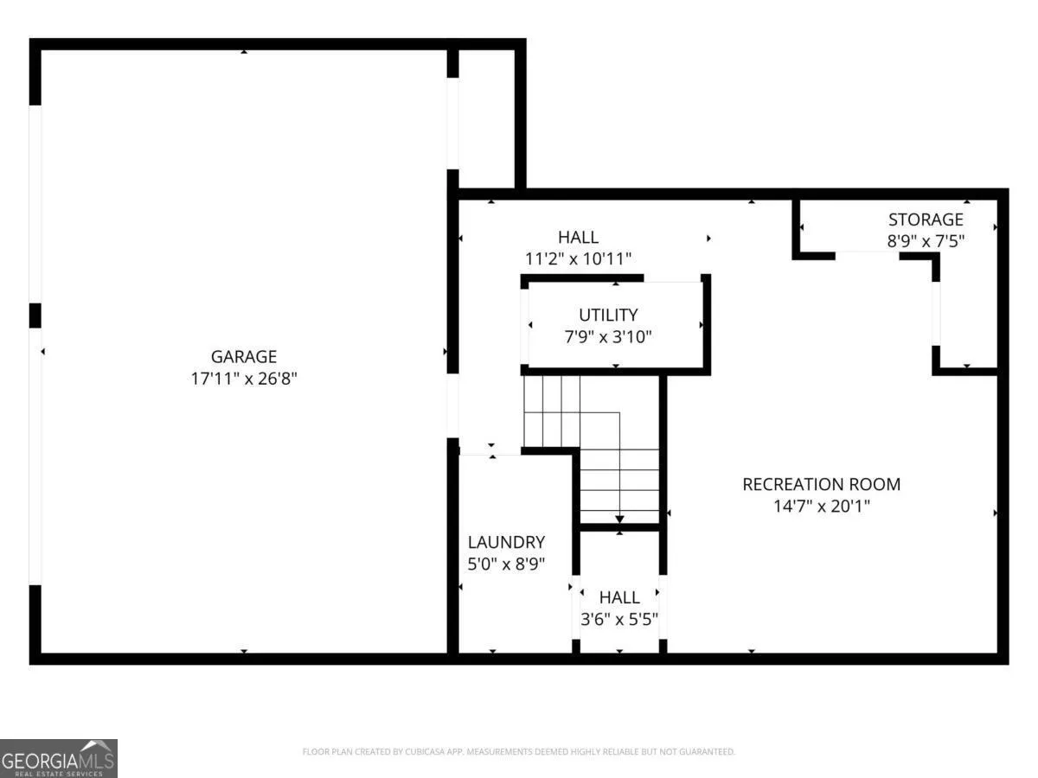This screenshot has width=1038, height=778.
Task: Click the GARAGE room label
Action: pyautogui.click(x=244, y=357)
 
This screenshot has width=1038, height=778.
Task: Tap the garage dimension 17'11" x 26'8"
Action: pyautogui.click(x=244, y=379)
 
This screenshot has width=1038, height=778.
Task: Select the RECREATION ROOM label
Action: pyautogui.click(x=822, y=485)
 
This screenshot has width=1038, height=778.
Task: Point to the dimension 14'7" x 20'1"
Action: pyautogui.click(x=822, y=507)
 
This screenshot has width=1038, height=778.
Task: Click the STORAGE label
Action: pyautogui.click(x=926, y=220)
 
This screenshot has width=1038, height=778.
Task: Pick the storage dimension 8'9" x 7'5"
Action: pyautogui.click(x=926, y=241)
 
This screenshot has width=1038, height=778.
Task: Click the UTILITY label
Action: pyautogui.click(x=608, y=315)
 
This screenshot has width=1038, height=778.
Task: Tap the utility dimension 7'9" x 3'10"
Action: pyautogui.click(x=608, y=337)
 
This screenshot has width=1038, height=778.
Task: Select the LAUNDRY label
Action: pyautogui.click(x=506, y=542)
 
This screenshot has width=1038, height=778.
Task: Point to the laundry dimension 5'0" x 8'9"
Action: pyautogui.click(x=506, y=564)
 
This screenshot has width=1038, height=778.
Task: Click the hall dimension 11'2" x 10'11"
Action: pyautogui.click(x=578, y=258)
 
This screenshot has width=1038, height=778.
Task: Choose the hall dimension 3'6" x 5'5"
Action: pyautogui.click(x=619, y=619)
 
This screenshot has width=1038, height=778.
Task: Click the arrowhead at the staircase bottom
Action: pyautogui.click(x=619, y=520)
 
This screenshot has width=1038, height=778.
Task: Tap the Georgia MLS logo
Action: pyautogui.click(x=58, y=758)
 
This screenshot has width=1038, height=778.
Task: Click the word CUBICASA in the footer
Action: pyautogui.click(x=424, y=751)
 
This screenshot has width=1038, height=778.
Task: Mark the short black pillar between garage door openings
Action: pyautogui.click(x=35, y=316)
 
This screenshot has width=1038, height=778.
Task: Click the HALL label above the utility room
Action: pyautogui.click(x=578, y=237)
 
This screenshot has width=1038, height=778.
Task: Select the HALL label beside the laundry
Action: pyautogui.click(x=619, y=597)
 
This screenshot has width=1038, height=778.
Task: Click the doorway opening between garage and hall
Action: pyautogui.click(x=452, y=405)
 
